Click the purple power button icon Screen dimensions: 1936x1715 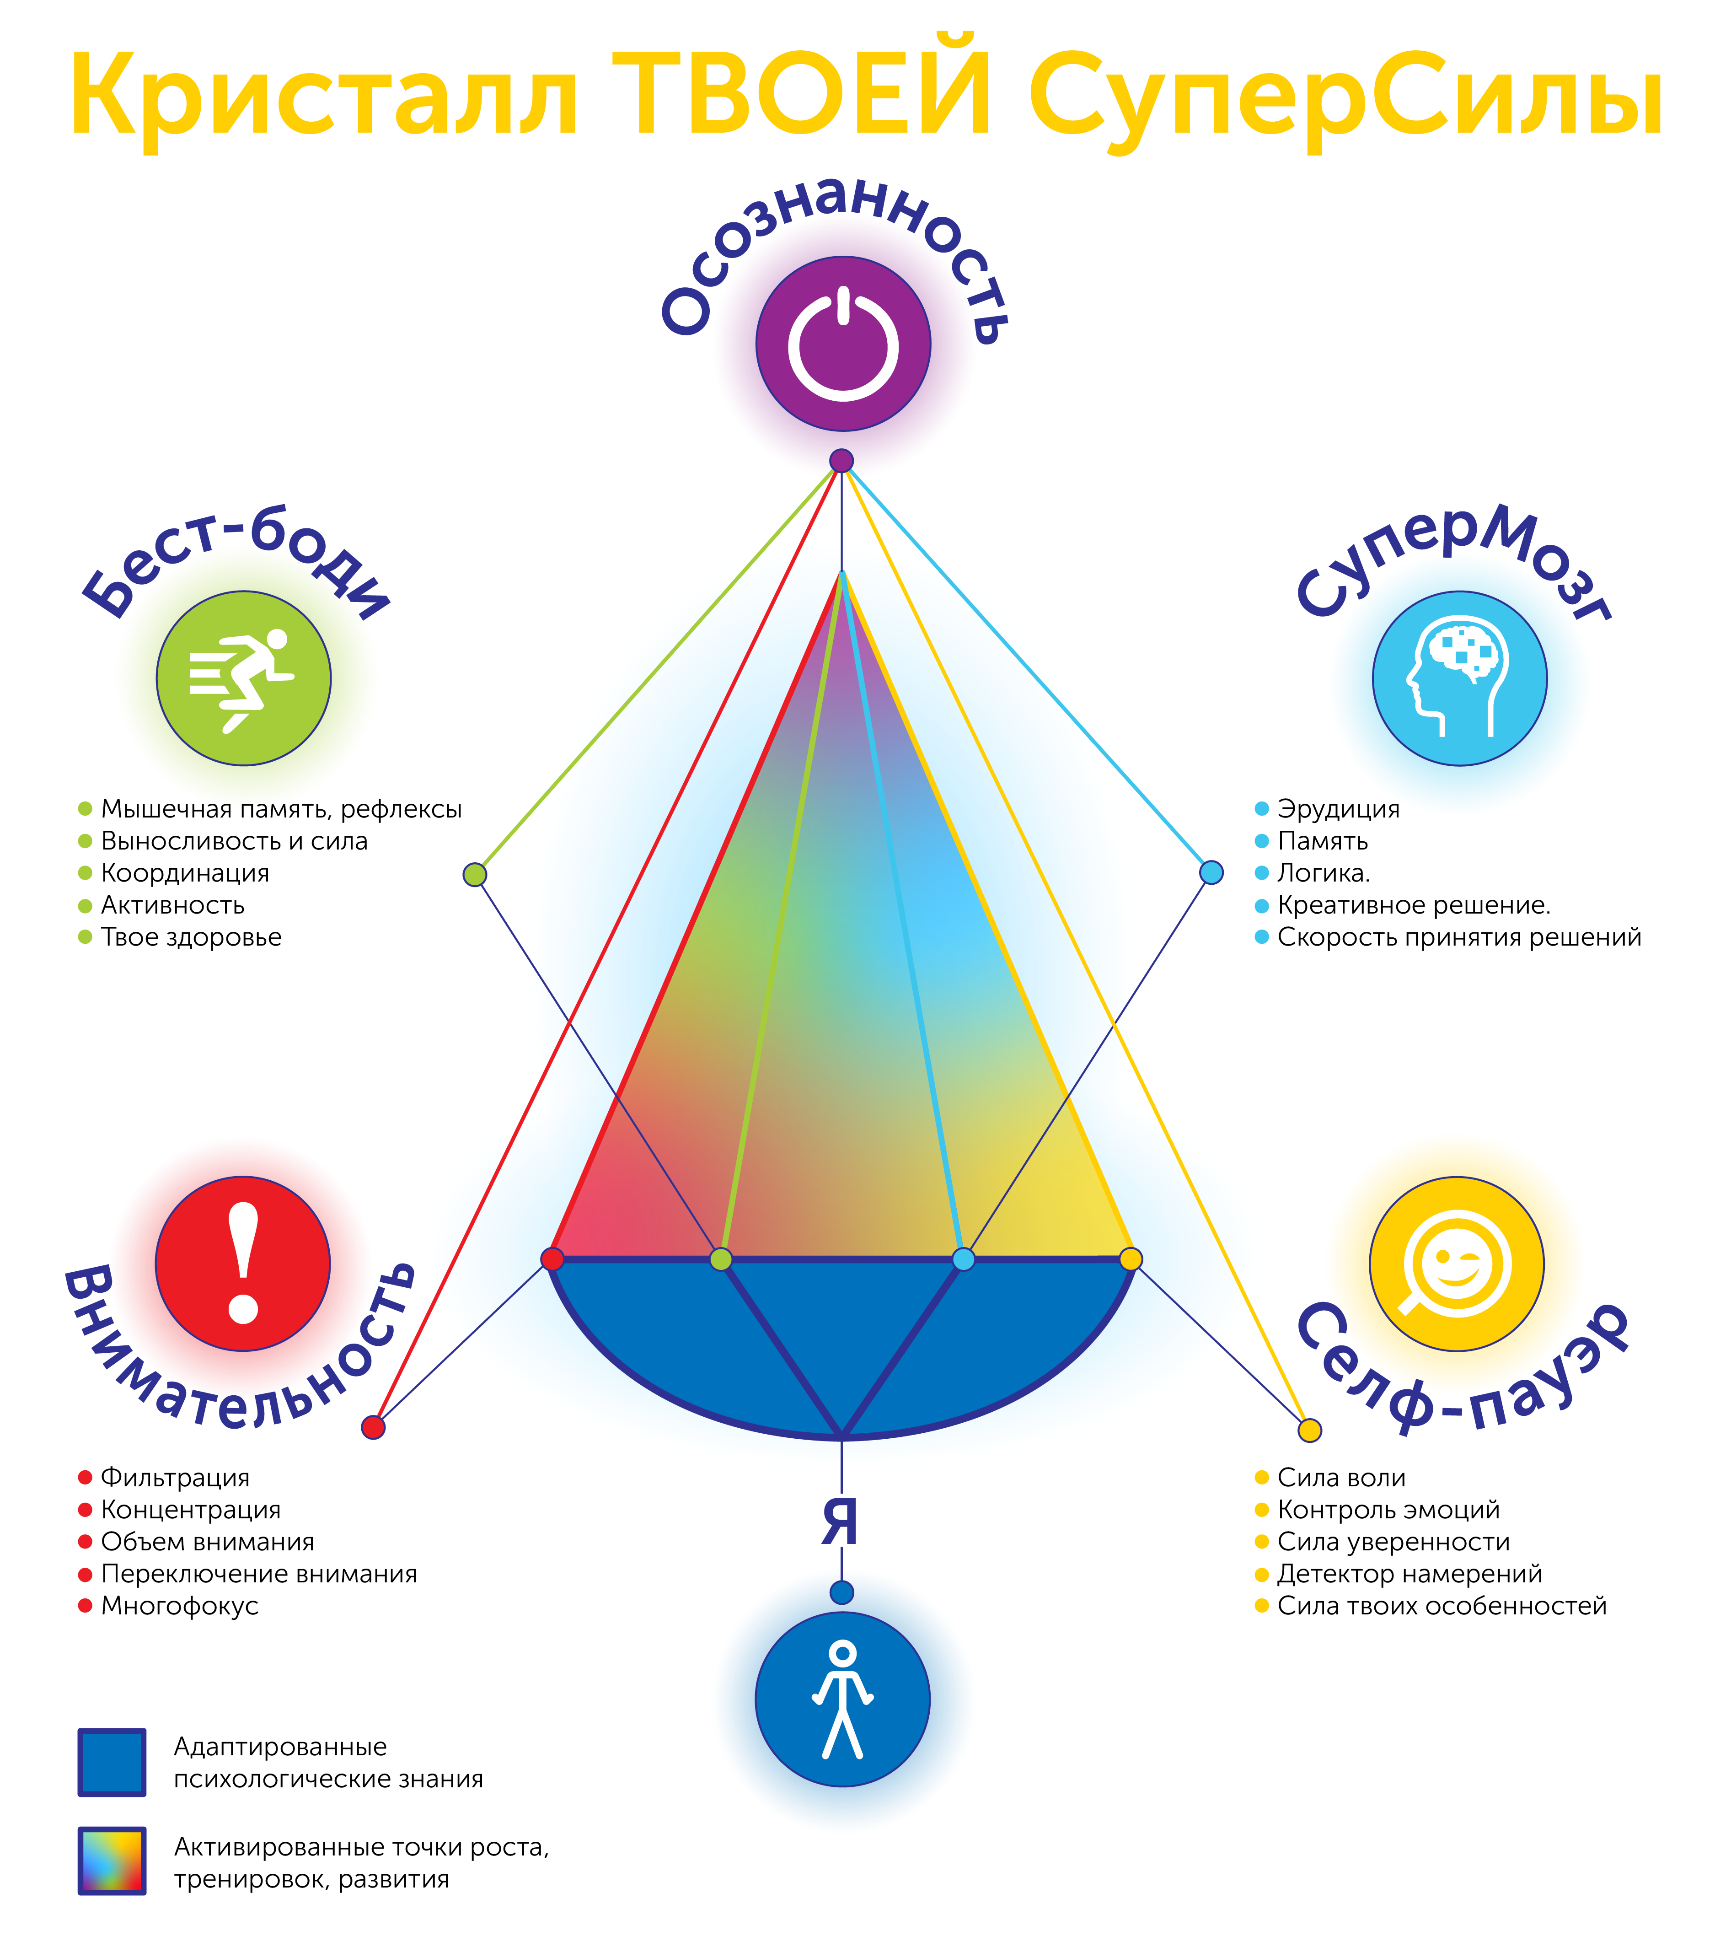(x=843, y=344)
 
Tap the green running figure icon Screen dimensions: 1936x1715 (x=243, y=678)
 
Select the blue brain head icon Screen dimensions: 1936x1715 (x=1459, y=678)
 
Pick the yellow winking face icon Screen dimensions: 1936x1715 (x=1457, y=1264)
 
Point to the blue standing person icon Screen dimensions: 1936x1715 (x=842, y=1699)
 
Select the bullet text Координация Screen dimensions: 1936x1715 (x=185, y=873)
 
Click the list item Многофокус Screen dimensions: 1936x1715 (x=179, y=1605)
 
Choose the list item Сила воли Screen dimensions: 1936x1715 (x=1341, y=1478)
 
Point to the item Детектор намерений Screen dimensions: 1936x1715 (x=1409, y=1573)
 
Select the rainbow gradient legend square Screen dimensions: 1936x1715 (x=112, y=1860)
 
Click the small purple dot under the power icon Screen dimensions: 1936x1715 (x=841, y=461)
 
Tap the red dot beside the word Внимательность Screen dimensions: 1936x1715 (x=373, y=1427)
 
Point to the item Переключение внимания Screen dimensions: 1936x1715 (x=258, y=1573)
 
